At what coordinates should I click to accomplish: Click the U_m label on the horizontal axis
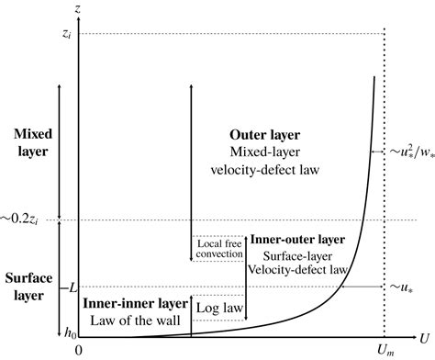(x=383, y=350)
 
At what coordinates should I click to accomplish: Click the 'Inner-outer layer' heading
(x=297, y=240)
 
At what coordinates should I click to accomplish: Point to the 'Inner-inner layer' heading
(x=136, y=302)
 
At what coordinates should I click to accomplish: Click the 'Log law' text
(x=219, y=305)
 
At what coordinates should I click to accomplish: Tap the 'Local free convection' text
(x=217, y=248)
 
